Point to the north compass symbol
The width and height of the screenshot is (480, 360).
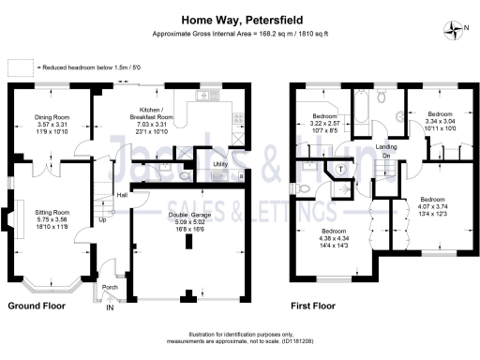pos(455,28)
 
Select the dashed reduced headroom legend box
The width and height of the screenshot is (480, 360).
pos(20,68)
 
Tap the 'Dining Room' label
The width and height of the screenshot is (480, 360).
pos(52,116)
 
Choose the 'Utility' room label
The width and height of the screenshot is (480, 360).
pos(221,164)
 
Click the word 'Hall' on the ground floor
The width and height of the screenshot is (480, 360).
pos(121,195)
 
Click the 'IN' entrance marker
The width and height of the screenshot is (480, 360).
pos(110,307)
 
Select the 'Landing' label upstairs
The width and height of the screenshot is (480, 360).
pos(385,146)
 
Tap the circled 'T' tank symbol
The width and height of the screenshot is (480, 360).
pos(337,170)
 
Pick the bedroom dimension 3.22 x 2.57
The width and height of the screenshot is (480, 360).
pos(329,125)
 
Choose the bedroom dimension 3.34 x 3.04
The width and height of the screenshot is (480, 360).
pos(439,121)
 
